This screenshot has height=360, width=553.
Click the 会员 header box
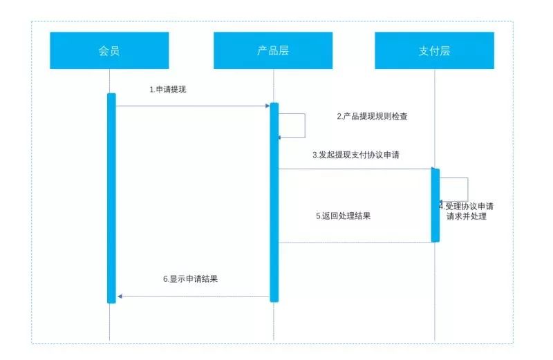pos(109,50)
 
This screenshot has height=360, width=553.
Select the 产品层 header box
pos(273,50)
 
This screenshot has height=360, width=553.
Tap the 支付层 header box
pos(435,50)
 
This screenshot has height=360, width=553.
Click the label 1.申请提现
pos(168,90)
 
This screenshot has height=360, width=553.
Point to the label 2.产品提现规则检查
pos(372,116)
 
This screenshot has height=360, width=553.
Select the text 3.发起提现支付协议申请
pos(356,155)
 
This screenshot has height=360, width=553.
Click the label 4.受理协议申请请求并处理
pos(466,211)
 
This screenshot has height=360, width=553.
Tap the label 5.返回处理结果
pos(343,216)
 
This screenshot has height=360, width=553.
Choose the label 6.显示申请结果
pos(191,279)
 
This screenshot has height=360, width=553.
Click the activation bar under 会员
pos(111,198)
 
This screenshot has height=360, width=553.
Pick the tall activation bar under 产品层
pos(274,202)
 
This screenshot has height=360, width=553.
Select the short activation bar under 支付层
pos(435,205)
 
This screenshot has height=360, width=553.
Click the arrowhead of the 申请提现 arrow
pos(268,106)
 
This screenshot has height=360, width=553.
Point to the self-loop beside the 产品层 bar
pos(305,126)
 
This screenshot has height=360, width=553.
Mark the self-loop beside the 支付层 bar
pos(468,189)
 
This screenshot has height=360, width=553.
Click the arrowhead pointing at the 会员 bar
pos(120,296)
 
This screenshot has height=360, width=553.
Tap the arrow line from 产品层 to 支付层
pos(355,169)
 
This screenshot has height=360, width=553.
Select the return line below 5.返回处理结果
pos(355,243)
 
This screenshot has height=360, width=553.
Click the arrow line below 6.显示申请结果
pos(194,296)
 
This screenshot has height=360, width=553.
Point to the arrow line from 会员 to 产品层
pos(193,106)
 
